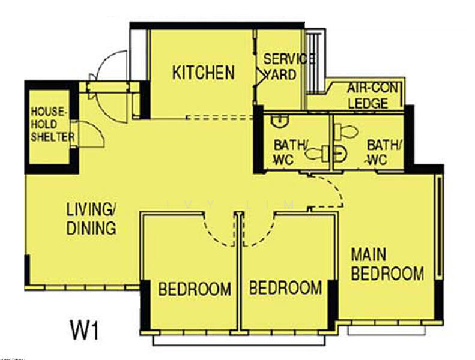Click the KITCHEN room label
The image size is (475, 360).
tap(203, 73)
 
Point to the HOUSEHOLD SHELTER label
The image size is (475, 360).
tap(52, 124)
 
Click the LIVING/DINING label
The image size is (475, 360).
tap(91, 219)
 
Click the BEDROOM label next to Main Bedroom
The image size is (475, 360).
tap(285, 288)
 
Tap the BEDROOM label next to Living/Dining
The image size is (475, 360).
tap(194, 289)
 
